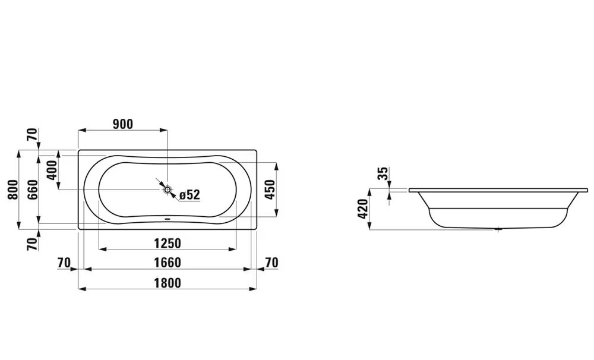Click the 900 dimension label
(x=123, y=124)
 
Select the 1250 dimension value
(x=167, y=243)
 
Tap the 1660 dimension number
(x=167, y=263)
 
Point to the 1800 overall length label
(x=167, y=283)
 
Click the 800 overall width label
(x=13, y=190)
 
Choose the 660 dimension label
(x=33, y=190)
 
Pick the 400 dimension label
(x=52, y=170)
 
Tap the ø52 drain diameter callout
(x=189, y=195)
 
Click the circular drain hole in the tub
(x=168, y=189)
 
